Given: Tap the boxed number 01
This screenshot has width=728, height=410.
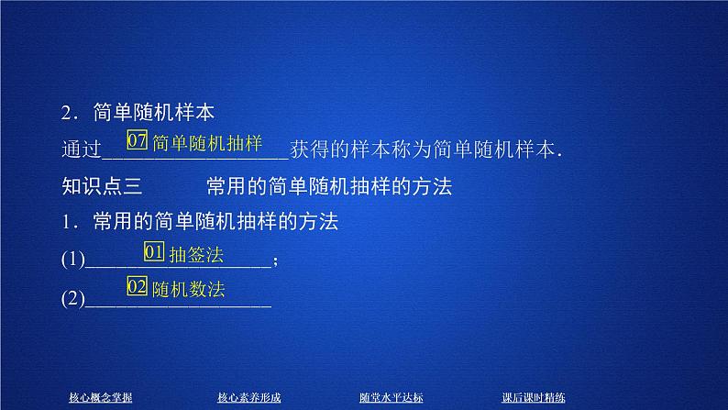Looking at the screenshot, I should pos(154,252).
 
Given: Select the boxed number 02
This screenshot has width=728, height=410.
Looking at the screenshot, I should pos(138,287).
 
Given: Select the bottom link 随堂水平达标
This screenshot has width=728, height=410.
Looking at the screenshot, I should pos(392,397).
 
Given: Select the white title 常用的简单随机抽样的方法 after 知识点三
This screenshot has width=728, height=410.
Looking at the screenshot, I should pos(329,186).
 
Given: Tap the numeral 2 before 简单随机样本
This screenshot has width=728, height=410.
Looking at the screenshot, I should pos(66,113).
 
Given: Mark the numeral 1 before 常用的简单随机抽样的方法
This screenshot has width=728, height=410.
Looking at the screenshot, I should pos(66,223).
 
